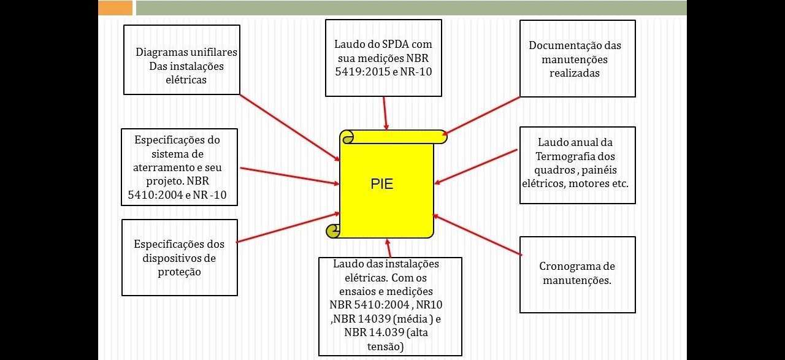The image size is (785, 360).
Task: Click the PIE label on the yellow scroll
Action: [381, 184]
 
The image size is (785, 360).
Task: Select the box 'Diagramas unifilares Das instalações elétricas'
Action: [182, 59]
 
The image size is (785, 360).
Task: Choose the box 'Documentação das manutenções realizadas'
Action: [577, 59]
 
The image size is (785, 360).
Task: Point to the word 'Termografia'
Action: [575, 156]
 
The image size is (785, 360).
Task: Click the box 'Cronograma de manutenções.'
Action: [577, 274]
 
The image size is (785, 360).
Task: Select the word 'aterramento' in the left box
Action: [161, 167]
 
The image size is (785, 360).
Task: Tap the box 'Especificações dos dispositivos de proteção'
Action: [179, 258]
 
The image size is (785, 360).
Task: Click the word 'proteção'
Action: [179, 272]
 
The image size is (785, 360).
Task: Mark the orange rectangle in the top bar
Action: [115, 7]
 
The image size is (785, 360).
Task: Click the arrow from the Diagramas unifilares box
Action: [288, 127]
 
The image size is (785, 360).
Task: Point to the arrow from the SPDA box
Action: [385, 113]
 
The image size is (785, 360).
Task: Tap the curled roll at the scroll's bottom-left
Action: [333, 231]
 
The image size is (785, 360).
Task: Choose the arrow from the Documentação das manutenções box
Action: [481, 115]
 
